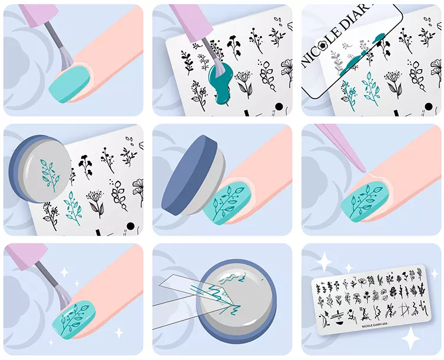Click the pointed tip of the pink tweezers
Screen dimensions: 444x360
coord(366,171)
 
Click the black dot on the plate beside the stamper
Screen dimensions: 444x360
coord(130,226)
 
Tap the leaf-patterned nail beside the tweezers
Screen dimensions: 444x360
coord(365,202)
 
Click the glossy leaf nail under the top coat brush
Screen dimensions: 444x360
coord(74,319)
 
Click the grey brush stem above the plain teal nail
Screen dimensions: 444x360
coord(53,35)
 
